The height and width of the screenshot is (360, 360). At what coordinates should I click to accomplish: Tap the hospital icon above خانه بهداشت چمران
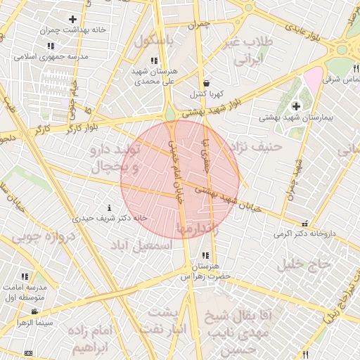point(73,19)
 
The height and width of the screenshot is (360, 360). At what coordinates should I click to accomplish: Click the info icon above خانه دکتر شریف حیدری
point(109,208)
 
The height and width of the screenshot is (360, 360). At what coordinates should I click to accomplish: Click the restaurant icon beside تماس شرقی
point(356,68)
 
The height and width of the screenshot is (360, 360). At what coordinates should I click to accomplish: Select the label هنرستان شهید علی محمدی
point(154,77)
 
